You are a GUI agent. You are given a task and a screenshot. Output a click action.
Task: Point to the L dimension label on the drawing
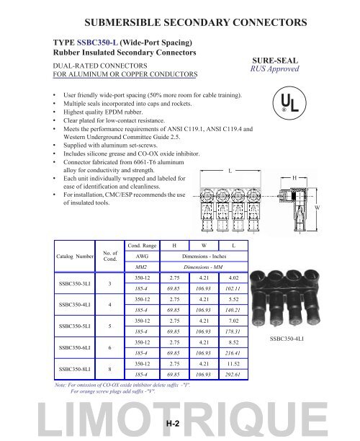(230, 150)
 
